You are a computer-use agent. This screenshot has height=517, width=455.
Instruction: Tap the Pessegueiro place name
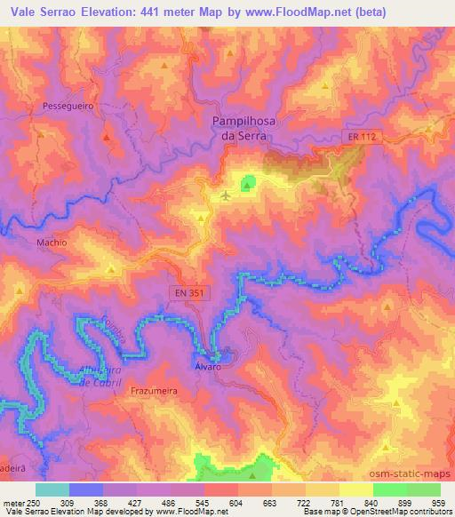(62, 106)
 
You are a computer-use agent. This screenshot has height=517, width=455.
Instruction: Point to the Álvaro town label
(207, 366)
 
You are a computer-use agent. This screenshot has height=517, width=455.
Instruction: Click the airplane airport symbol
(227, 195)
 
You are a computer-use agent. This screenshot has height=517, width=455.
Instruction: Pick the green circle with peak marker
(248, 184)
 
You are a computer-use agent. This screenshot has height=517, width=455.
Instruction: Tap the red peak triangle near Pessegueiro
(106, 138)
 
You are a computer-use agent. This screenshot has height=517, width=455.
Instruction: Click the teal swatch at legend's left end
(52, 489)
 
